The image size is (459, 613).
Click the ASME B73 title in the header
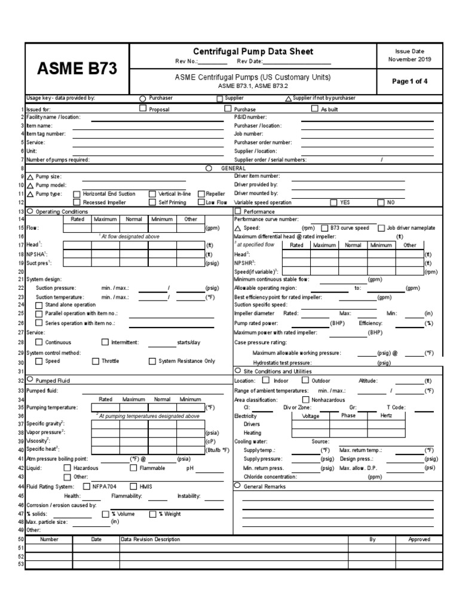77,69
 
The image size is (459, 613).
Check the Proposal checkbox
143,109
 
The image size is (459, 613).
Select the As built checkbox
315,109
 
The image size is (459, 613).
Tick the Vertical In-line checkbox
152,194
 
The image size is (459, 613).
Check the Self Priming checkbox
152,202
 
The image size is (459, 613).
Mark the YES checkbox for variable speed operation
333,202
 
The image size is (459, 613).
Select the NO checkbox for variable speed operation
381,202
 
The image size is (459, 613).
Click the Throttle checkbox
96,361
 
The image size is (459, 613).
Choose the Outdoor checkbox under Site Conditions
305,380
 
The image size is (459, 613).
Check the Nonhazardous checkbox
306,399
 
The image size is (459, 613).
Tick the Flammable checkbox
133,468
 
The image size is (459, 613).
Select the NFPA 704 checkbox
87,487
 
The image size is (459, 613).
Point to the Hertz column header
386,415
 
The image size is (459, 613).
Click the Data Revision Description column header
150,539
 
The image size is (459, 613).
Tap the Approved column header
419,539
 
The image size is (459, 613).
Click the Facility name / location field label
53,117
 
